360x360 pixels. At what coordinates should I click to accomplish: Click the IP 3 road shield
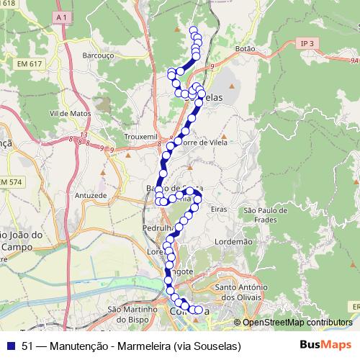point(308,44)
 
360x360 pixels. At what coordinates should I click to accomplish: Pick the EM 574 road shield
point(11,184)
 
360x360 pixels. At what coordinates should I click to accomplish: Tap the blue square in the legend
point(11,346)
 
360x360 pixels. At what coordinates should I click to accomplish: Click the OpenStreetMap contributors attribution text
point(297,323)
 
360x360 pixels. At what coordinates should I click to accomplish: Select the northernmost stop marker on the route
point(193,30)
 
